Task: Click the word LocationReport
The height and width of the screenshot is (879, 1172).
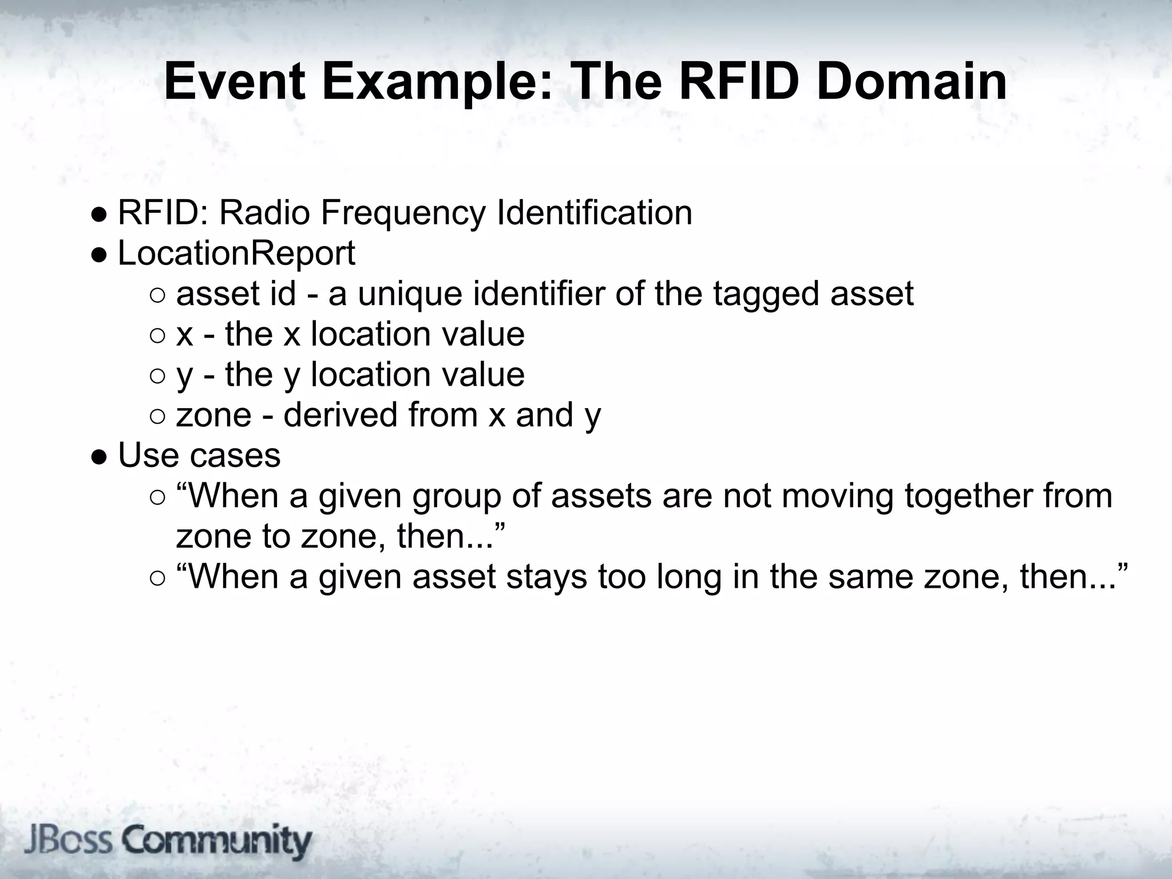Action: coord(236,253)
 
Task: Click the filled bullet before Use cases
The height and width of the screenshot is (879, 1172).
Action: coord(99,457)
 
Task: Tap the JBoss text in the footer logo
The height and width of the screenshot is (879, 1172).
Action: coord(68,841)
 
